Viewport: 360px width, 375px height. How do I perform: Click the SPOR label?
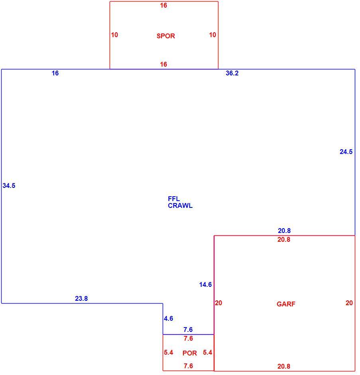pos(166,36)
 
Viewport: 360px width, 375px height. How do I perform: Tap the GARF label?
pos(286,304)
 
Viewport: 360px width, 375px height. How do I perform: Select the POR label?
pos(189,353)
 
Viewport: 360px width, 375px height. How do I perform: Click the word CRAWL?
pos(180,206)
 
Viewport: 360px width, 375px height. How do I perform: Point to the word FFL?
pos(174,199)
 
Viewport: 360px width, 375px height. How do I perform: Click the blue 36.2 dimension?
pos(232,73)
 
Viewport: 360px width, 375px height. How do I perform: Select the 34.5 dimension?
pos(9,186)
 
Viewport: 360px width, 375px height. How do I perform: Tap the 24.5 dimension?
pos(346,152)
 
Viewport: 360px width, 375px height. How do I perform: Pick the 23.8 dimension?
pos(81,298)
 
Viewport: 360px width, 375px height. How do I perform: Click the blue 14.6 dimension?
pos(205,284)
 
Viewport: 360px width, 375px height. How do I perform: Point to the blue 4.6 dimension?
pos(168,319)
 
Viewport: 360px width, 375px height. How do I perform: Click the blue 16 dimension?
pos(55,73)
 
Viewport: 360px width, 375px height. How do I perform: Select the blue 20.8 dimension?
pos(284,231)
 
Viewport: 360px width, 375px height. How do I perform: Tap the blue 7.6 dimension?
pos(188,330)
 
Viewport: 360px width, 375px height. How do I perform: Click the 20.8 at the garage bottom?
pos(284,366)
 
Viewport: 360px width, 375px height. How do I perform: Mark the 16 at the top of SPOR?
pos(163,5)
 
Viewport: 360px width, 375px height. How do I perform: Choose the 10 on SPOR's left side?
pos(114,35)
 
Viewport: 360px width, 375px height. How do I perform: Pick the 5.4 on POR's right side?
pos(207,352)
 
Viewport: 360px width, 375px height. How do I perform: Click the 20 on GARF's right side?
pos(349,303)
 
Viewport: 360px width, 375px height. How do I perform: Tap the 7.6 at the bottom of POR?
pos(188,366)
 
